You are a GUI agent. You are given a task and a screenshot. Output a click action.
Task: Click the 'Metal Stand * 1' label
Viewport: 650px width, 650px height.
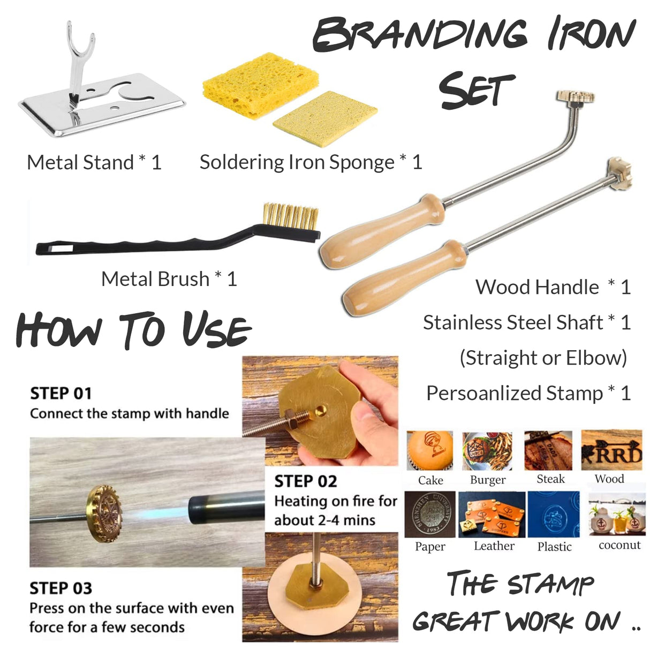[x=94, y=162]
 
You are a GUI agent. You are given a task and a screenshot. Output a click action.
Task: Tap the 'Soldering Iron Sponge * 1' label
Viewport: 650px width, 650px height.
[x=311, y=162]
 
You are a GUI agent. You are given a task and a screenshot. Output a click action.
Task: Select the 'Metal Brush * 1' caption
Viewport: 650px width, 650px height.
[x=169, y=279]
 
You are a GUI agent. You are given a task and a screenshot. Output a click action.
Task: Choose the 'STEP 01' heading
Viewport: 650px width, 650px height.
[x=61, y=394]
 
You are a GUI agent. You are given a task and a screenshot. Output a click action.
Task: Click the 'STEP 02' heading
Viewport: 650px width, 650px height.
[x=306, y=481]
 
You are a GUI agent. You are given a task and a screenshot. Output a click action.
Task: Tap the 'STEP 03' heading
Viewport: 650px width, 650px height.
[x=61, y=588]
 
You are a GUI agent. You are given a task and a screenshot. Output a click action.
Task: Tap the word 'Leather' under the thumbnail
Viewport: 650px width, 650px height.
[x=494, y=546]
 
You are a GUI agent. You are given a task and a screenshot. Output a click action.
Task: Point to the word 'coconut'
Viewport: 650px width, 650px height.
[x=619, y=545]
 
